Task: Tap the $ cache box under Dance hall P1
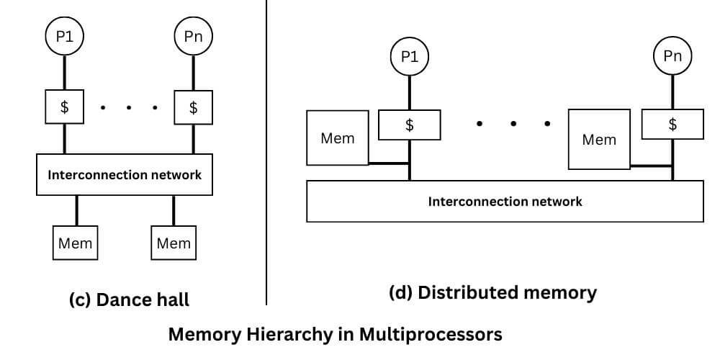click(65, 108)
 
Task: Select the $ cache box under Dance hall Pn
click(194, 108)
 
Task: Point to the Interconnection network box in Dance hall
click(125, 174)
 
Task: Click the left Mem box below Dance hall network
click(76, 243)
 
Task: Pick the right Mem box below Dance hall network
click(174, 243)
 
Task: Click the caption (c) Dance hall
click(127, 299)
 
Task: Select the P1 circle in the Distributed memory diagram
click(410, 58)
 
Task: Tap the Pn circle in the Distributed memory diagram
click(672, 56)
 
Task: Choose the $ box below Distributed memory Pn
click(672, 124)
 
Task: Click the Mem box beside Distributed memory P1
click(338, 138)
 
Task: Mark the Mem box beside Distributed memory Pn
click(599, 140)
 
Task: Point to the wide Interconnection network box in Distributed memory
click(505, 201)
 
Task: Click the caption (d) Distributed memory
click(492, 292)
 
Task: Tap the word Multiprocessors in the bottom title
click(426, 335)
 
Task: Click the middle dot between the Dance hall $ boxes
click(129, 108)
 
